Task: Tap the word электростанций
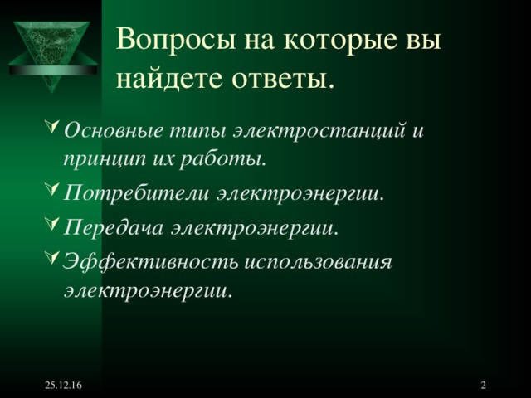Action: (320, 131)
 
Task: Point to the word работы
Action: (229, 158)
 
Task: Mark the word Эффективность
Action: (150, 260)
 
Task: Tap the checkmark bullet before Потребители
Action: (53, 192)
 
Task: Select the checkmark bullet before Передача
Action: (53, 226)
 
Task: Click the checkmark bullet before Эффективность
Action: (53, 260)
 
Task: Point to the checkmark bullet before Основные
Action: (53, 130)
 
